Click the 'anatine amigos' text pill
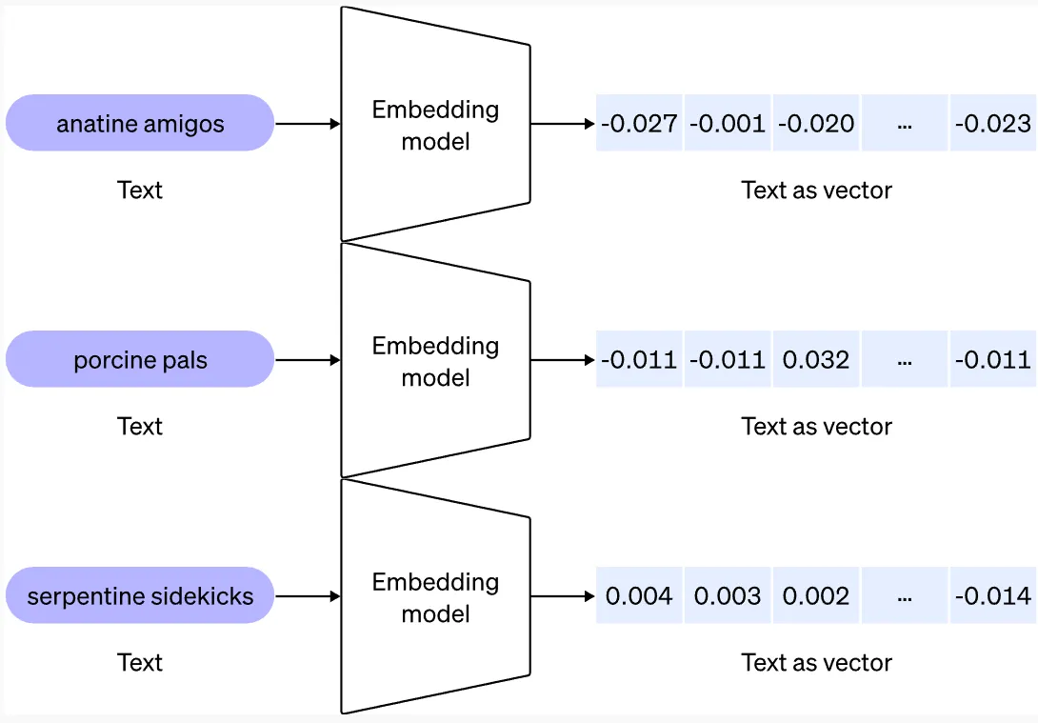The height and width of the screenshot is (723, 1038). click(x=140, y=123)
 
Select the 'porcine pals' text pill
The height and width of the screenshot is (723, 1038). click(x=140, y=359)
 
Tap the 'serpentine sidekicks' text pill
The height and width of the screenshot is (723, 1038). click(x=140, y=596)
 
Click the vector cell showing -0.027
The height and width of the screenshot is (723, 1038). click(x=639, y=123)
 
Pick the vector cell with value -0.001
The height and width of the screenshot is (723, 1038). click(x=727, y=123)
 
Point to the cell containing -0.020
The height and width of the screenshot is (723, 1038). click(x=816, y=123)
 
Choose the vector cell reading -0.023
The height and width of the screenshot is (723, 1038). click(x=992, y=123)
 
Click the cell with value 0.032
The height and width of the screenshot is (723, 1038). click(x=816, y=359)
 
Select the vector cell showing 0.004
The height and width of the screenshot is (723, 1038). click(x=639, y=596)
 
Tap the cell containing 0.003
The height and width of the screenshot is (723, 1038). click(x=727, y=596)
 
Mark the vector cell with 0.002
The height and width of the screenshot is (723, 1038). click(x=816, y=596)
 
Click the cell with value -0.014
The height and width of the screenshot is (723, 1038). click(x=992, y=596)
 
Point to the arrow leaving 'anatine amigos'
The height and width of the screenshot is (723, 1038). click(x=307, y=124)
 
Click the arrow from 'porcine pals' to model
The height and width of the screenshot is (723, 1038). click(x=307, y=360)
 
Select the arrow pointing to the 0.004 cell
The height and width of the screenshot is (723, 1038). click(x=562, y=597)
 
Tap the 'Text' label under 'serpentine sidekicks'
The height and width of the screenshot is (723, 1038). click(x=140, y=662)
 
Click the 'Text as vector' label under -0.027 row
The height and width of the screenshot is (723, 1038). click(x=816, y=190)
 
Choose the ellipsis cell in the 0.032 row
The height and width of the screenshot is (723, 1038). click(x=905, y=359)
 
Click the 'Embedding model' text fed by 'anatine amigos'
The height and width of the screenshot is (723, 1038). click(x=435, y=125)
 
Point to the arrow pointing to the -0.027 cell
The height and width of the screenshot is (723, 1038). click(x=562, y=124)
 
